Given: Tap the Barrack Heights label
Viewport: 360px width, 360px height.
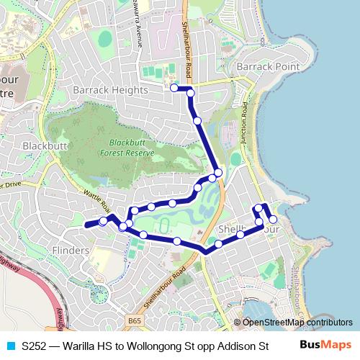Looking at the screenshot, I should click(x=110, y=90).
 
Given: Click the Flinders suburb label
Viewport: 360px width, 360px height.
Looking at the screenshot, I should click(x=71, y=250).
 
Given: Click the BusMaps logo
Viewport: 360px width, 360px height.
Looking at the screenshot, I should click(x=326, y=346).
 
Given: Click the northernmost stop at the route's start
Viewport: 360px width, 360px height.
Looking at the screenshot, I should click(x=174, y=87).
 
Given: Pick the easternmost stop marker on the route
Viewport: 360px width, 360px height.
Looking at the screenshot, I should click(x=273, y=219).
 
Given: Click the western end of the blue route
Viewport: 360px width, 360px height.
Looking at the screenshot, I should click(x=86, y=225).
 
